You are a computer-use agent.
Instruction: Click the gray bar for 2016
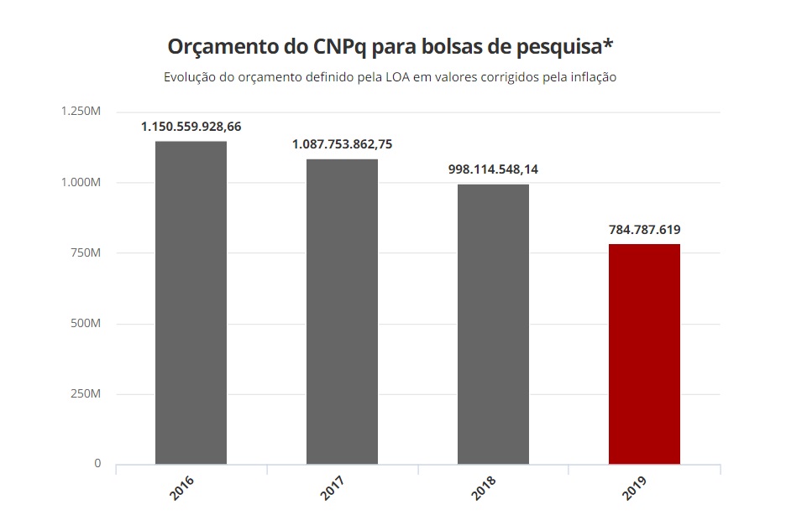(x=191, y=302)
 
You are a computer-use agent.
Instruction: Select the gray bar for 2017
(x=342, y=311)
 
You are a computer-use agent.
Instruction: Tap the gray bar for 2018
(x=493, y=324)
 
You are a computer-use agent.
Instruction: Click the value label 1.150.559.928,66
(x=191, y=127)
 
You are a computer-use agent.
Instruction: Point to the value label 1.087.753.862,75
(x=342, y=144)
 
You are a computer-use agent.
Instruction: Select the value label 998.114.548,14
(x=493, y=169)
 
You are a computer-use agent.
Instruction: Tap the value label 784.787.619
(x=644, y=229)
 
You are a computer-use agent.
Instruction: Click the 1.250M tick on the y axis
(x=81, y=112)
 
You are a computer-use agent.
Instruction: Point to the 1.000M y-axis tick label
(x=81, y=183)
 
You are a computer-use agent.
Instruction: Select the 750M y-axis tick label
(x=86, y=253)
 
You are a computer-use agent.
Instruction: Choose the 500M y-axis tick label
(x=86, y=324)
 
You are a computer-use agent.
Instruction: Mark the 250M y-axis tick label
(x=86, y=394)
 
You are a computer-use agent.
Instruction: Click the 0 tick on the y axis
(x=97, y=464)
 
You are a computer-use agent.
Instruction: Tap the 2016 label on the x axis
(x=183, y=488)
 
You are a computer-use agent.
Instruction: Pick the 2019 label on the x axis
(x=637, y=488)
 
